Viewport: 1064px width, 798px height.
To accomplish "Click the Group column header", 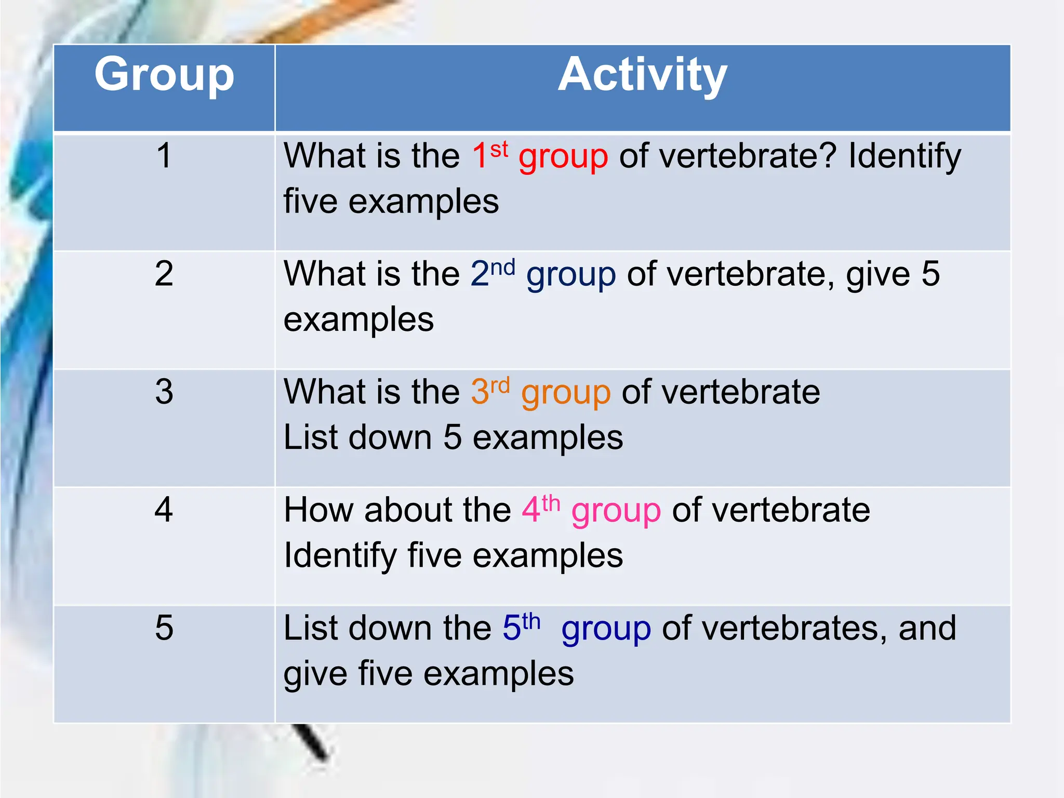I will click(x=164, y=76).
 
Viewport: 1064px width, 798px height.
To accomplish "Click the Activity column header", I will click(x=642, y=76).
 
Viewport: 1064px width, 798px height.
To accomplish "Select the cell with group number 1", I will click(x=164, y=155).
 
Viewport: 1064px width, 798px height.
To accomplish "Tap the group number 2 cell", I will click(x=164, y=273).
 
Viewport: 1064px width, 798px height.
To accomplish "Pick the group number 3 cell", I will click(x=164, y=392).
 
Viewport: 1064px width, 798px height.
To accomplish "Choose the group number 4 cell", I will click(x=164, y=510).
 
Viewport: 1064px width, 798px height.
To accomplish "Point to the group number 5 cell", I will click(x=164, y=628).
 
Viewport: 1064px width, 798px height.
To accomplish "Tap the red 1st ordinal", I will click(x=489, y=154).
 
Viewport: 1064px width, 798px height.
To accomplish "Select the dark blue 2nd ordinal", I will click(x=493, y=272).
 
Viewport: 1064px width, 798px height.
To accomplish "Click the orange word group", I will click(x=566, y=394).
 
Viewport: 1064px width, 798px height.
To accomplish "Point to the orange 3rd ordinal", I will click(x=490, y=390).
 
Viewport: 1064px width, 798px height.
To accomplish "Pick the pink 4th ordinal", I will click(x=541, y=509).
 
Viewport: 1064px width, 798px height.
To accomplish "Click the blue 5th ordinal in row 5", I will click(x=521, y=627).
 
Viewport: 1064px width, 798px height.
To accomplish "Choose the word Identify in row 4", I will click(x=340, y=556).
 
